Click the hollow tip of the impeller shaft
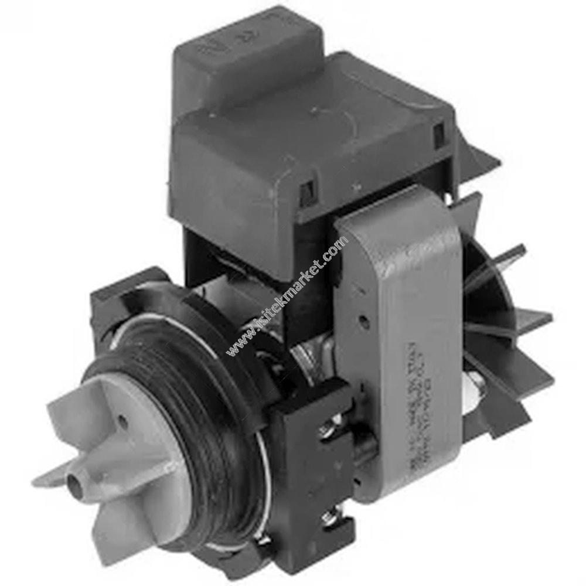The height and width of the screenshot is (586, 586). click(x=75, y=482)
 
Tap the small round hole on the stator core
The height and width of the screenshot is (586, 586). click(x=364, y=321)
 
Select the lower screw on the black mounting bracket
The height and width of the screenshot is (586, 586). click(x=328, y=516)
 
